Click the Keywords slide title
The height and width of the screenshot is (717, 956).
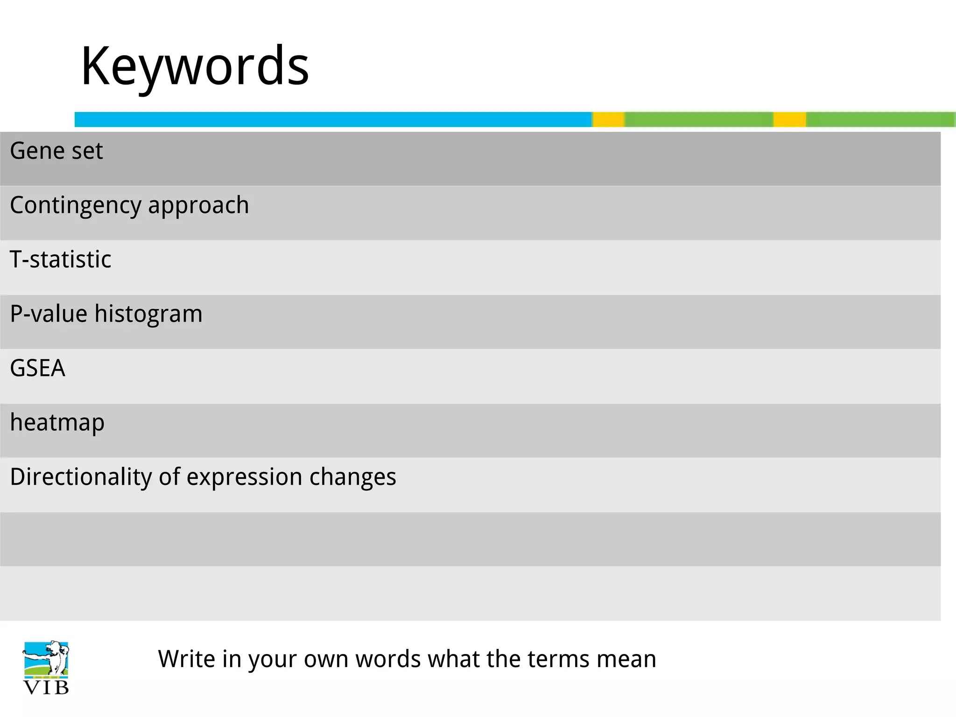(x=195, y=66)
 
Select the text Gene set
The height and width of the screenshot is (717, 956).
(x=56, y=151)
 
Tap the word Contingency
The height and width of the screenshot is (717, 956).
(x=75, y=205)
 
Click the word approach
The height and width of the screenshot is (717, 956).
(x=198, y=205)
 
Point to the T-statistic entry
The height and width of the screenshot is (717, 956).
(x=61, y=260)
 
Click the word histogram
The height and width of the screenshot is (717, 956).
(x=148, y=314)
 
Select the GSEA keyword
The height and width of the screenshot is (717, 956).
(x=37, y=368)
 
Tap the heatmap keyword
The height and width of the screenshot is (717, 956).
(x=57, y=423)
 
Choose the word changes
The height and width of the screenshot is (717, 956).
(x=352, y=477)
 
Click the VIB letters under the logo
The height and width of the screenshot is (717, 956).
(x=46, y=688)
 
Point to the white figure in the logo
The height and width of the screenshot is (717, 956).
(x=56, y=656)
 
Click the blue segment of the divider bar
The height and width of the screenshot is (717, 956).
(x=333, y=119)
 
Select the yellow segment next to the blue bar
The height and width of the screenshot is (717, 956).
(x=609, y=119)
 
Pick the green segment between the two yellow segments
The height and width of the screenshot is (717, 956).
(x=699, y=119)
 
